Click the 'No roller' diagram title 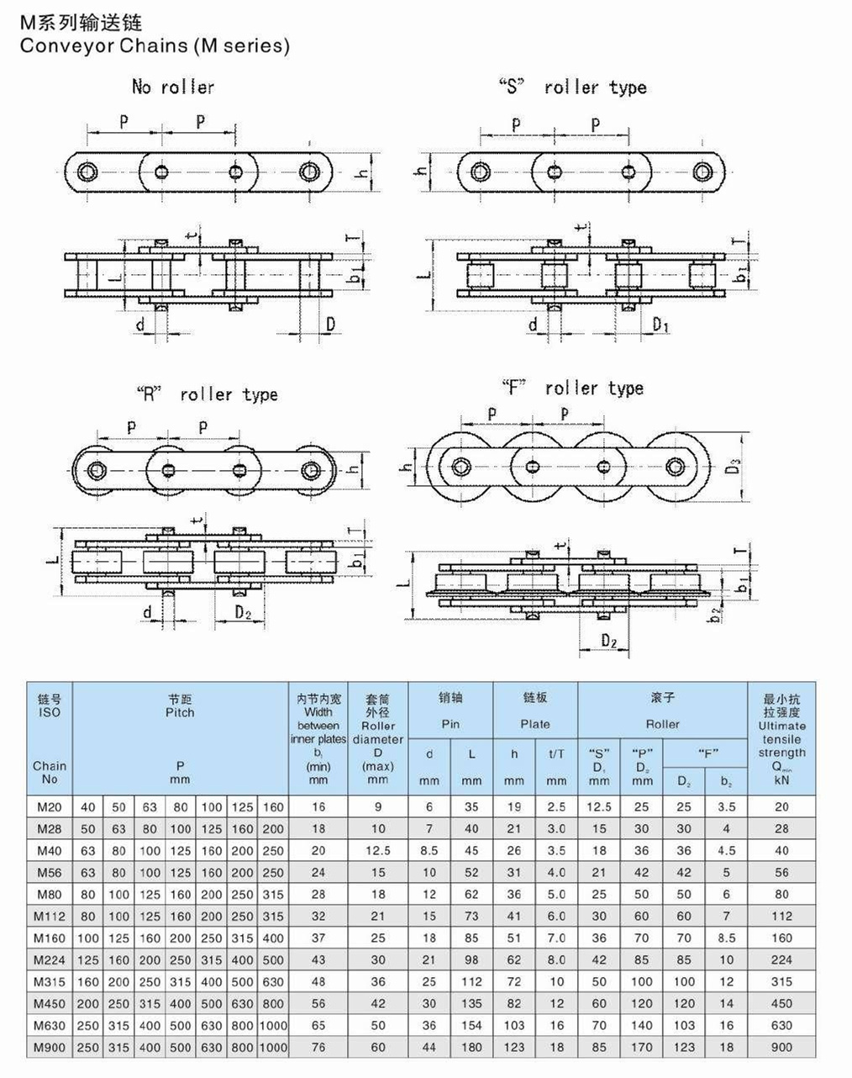click(172, 87)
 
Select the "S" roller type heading click(572, 87)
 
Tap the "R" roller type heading click(206, 394)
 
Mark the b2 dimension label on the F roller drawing click(715, 615)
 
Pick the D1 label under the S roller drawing click(661, 325)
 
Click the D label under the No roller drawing click(330, 324)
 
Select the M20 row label click(50, 806)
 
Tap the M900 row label click(50, 1047)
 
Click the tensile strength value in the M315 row click(781, 981)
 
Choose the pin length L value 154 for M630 click(471, 1025)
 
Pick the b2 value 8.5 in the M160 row click(726, 938)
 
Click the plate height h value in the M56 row click(514, 873)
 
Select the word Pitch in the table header click(180, 712)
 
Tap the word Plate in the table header click(535, 723)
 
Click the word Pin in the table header click(450, 723)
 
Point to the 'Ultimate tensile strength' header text click(781, 739)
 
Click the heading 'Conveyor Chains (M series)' click(155, 45)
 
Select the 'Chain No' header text click(50, 772)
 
